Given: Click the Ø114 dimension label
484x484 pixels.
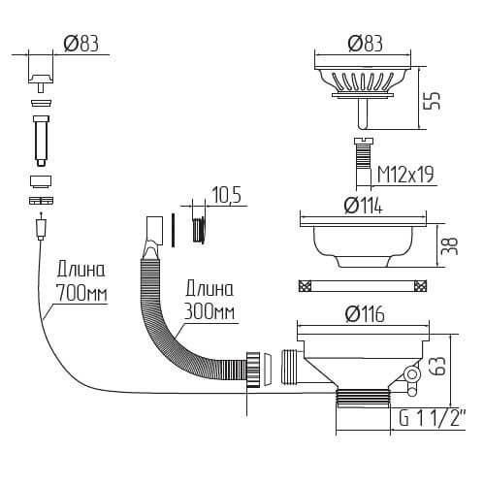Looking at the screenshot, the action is point(363,205).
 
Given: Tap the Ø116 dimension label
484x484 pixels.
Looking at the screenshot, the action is point(365,313).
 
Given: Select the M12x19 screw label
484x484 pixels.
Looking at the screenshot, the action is point(405,175).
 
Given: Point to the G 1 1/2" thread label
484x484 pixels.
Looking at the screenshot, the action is point(432,418).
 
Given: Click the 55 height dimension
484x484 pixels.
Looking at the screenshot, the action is point(432,101).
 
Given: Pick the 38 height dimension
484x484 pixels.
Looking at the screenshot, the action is point(449,246).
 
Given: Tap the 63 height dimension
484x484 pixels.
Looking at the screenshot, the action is point(438,366).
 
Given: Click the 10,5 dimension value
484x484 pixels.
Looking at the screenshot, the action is point(226,195).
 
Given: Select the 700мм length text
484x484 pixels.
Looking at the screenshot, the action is point(81,293).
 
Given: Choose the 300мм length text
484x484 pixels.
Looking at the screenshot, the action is point(210,311).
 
